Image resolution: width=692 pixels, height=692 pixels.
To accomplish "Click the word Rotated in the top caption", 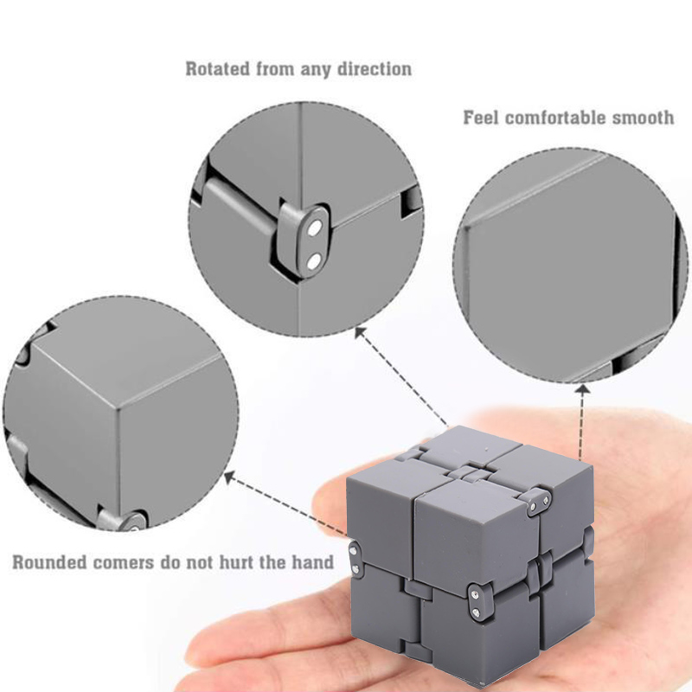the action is click(218, 69).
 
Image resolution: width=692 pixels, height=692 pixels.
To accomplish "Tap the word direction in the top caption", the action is click(375, 69).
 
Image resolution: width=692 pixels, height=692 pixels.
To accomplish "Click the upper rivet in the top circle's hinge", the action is click(315, 228).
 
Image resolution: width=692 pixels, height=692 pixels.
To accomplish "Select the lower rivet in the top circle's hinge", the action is click(314, 262).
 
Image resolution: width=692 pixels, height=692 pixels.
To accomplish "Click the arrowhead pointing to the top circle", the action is click(361, 332).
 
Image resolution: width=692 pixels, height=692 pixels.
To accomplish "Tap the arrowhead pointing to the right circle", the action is click(583, 389).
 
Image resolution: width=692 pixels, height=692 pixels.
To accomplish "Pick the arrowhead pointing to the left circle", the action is click(230, 477).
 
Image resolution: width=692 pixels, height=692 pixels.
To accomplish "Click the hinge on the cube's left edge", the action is click(355, 558).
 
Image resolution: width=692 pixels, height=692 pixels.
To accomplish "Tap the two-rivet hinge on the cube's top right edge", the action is click(539, 502).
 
